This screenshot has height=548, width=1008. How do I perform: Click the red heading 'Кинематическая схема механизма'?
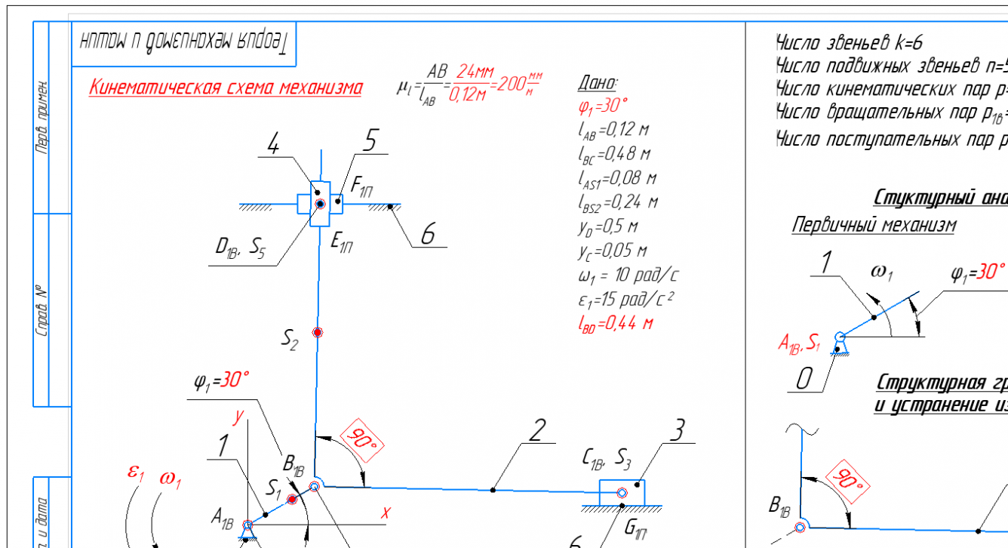[225, 88]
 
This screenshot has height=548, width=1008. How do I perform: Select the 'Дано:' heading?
[598, 82]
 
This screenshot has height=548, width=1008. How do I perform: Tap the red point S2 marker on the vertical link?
[318, 332]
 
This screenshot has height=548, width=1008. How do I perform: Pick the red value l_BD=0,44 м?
[614, 324]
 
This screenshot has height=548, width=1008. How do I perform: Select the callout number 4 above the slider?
[275, 143]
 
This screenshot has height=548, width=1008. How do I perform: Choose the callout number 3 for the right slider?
[678, 432]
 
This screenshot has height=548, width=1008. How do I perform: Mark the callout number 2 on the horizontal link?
[536, 430]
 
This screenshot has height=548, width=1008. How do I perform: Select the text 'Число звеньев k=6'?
[849, 42]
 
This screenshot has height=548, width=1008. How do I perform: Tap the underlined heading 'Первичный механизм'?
[873, 225]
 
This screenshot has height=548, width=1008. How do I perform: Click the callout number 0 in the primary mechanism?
[804, 379]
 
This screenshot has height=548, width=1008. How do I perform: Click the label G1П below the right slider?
[636, 528]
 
